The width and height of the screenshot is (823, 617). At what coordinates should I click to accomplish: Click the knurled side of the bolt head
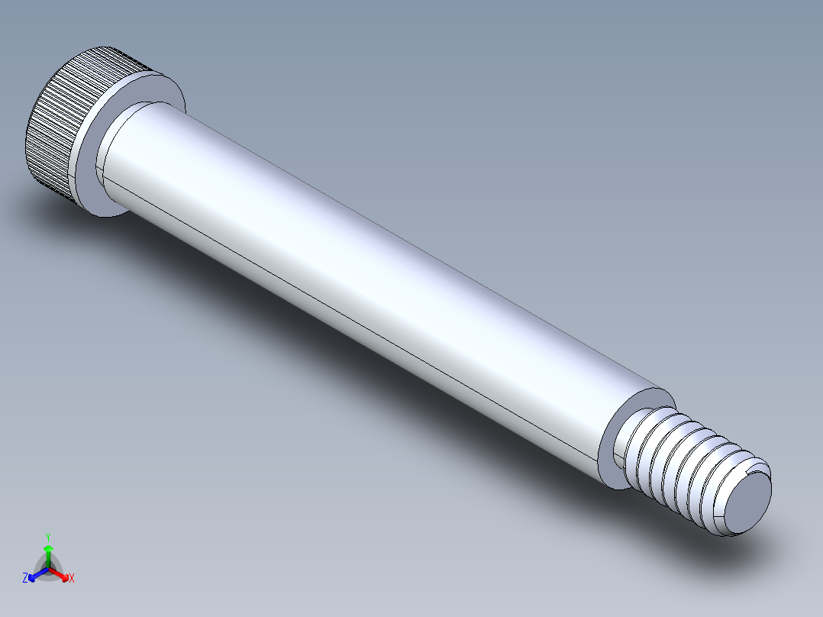pos(53,130)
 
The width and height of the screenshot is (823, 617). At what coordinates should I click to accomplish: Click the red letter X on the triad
pos(72,579)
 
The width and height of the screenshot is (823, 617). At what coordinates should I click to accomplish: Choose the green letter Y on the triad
pos(48,537)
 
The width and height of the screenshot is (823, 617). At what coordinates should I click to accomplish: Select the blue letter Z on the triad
pos(25,579)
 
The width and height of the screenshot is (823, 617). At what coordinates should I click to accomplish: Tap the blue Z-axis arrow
pos(35,575)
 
